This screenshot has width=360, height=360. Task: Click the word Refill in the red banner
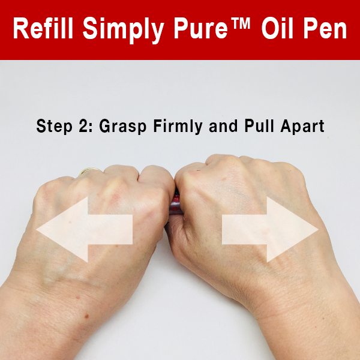click(x=43, y=28)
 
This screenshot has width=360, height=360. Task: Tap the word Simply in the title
click(x=123, y=31)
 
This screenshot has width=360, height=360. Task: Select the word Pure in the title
click(x=200, y=28)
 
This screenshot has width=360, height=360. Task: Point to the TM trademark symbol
click(x=241, y=23)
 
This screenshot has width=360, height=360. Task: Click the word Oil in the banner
click(x=277, y=28)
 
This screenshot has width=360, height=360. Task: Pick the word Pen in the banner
click(x=325, y=28)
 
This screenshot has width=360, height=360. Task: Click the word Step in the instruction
click(x=54, y=127)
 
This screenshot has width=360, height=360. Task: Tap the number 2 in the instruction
click(x=83, y=125)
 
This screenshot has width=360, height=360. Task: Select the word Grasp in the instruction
click(x=123, y=127)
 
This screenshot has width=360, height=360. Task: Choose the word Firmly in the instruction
click(x=178, y=127)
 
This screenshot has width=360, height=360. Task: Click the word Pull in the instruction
click(x=259, y=125)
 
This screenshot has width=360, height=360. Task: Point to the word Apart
click(x=302, y=127)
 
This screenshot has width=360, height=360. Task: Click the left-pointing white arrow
click(x=85, y=229)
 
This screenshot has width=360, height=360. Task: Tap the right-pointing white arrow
click(x=270, y=229)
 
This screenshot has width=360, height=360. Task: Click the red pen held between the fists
click(x=176, y=203)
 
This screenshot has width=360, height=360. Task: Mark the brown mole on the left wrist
click(x=86, y=316)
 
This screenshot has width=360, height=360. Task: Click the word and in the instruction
click(x=223, y=126)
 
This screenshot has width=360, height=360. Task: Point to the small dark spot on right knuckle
click(x=199, y=170)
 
